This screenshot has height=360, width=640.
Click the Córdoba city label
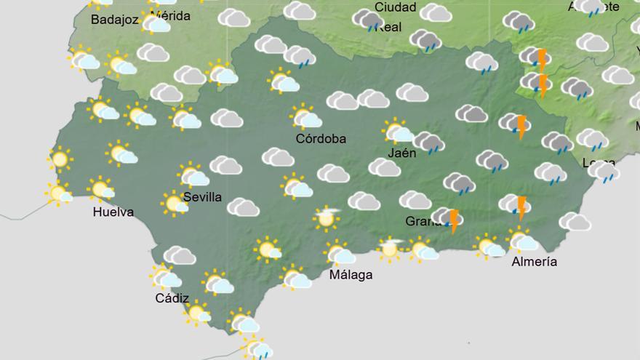(x=321, y=138)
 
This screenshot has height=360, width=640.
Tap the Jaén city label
(x=402, y=153)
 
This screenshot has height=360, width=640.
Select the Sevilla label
(x=203, y=198)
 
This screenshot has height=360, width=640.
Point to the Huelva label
(x=113, y=212)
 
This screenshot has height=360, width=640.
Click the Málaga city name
(x=351, y=274)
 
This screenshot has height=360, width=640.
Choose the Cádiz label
(x=172, y=298)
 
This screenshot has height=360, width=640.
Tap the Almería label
(x=535, y=262)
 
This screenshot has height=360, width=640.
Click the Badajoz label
(x=115, y=20)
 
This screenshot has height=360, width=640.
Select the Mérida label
(x=173, y=15)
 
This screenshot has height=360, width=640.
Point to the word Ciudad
(x=396, y=7)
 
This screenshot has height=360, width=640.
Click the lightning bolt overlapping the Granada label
(x=455, y=220)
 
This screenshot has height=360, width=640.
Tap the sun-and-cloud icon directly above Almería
(x=521, y=239)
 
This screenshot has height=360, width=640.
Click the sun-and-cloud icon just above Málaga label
(x=339, y=253)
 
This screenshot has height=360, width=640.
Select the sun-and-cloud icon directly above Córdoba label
(x=305, y=116)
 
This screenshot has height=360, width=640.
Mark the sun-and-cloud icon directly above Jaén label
(x=398, y=132)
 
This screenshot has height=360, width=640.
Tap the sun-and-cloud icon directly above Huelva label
(x=101, y=189)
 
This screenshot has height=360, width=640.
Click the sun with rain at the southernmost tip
(x=257, y=348)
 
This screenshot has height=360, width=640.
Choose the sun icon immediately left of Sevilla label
(x=175, y=203)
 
